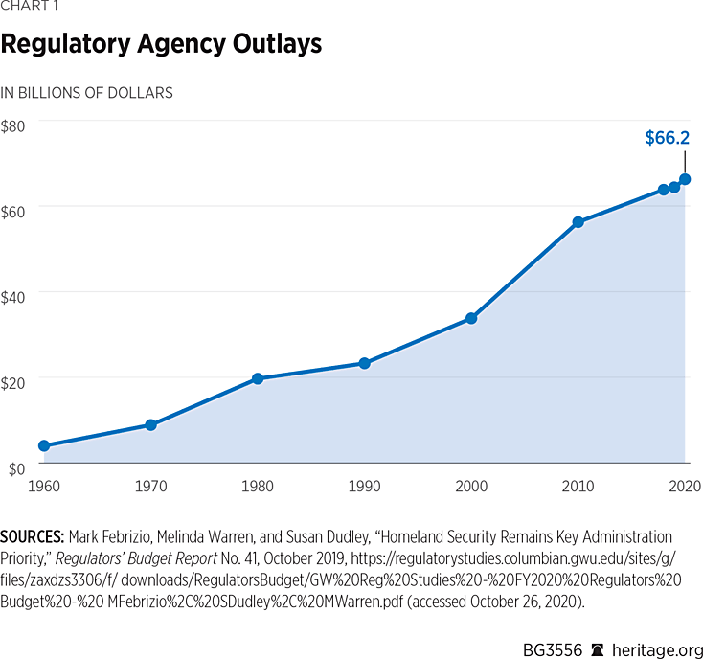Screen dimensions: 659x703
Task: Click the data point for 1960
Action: pos(44,445)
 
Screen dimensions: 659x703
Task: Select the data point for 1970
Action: pos(150,424)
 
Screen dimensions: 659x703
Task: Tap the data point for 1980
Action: pos(258,378)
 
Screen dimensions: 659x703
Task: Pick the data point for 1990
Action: pos(364,363)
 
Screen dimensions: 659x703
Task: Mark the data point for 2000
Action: pos(471,318)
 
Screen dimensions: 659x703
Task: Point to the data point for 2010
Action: pos(578,222)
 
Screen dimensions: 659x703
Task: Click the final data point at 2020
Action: pos(685,179)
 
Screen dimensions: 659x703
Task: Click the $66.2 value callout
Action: pos(667,138)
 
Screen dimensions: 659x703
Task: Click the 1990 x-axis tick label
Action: pos(364,486)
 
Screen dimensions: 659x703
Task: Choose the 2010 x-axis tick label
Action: pos(578,486)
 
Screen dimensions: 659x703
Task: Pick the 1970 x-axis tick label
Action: pos(150,486)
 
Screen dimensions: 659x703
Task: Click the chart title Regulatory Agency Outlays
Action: pos(161,44)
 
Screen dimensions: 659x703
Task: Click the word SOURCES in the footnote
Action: pos(34,536)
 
